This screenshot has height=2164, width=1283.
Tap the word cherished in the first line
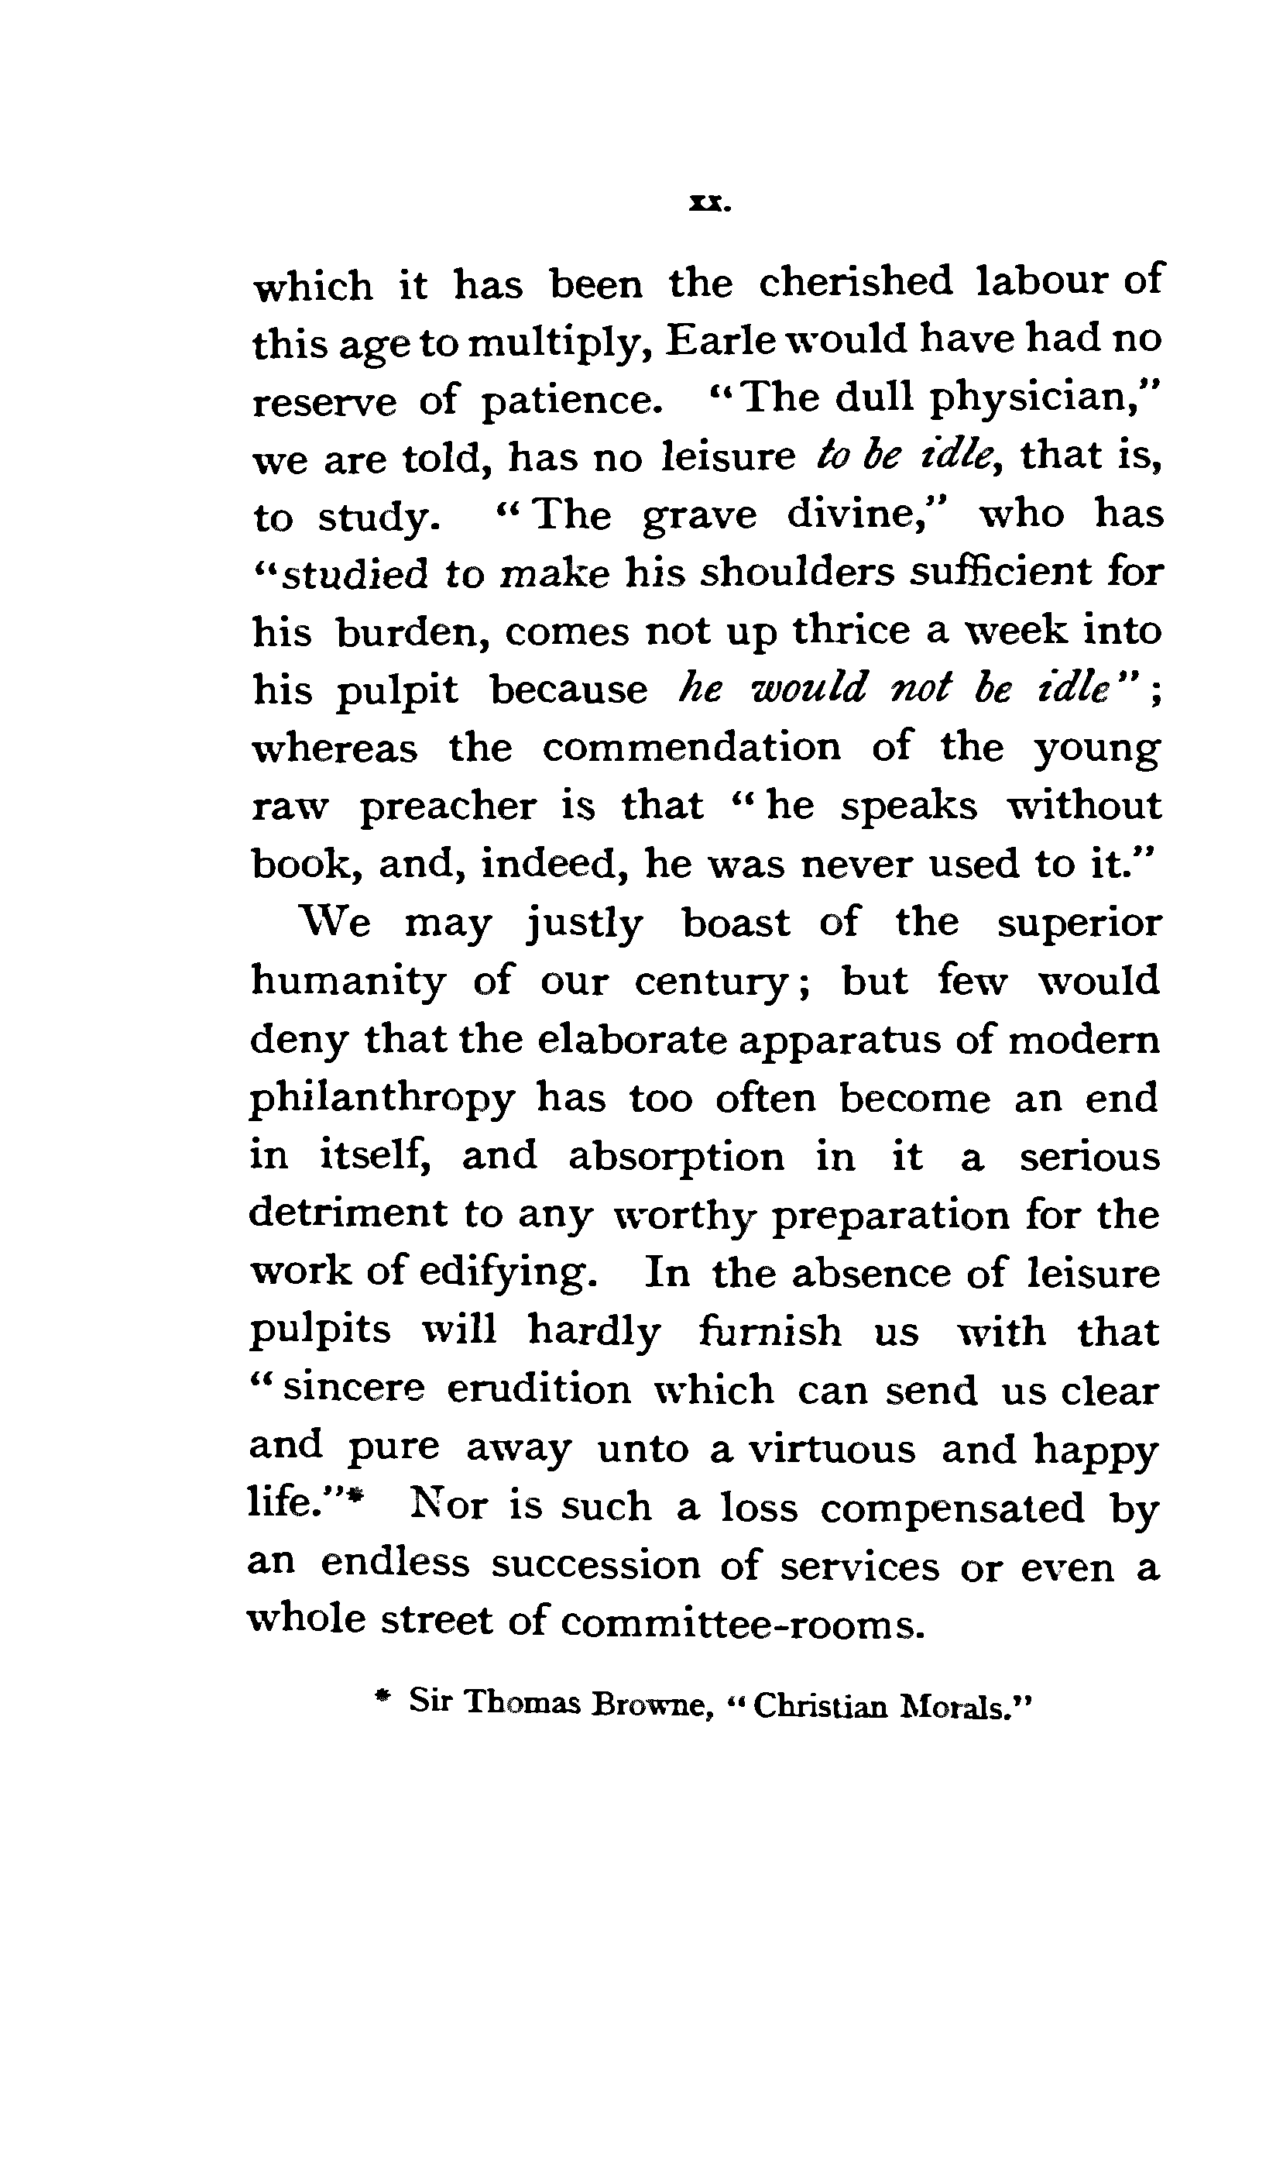[855, 282]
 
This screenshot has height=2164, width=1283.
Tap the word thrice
[851, 631]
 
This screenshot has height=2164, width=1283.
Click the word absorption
[676, 1158]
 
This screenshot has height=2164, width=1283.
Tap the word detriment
[348, 1214]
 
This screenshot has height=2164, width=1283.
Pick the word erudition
[539, 1390]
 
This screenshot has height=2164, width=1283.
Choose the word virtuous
[831, 1448]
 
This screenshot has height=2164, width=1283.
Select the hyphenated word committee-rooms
[742, 1622]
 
